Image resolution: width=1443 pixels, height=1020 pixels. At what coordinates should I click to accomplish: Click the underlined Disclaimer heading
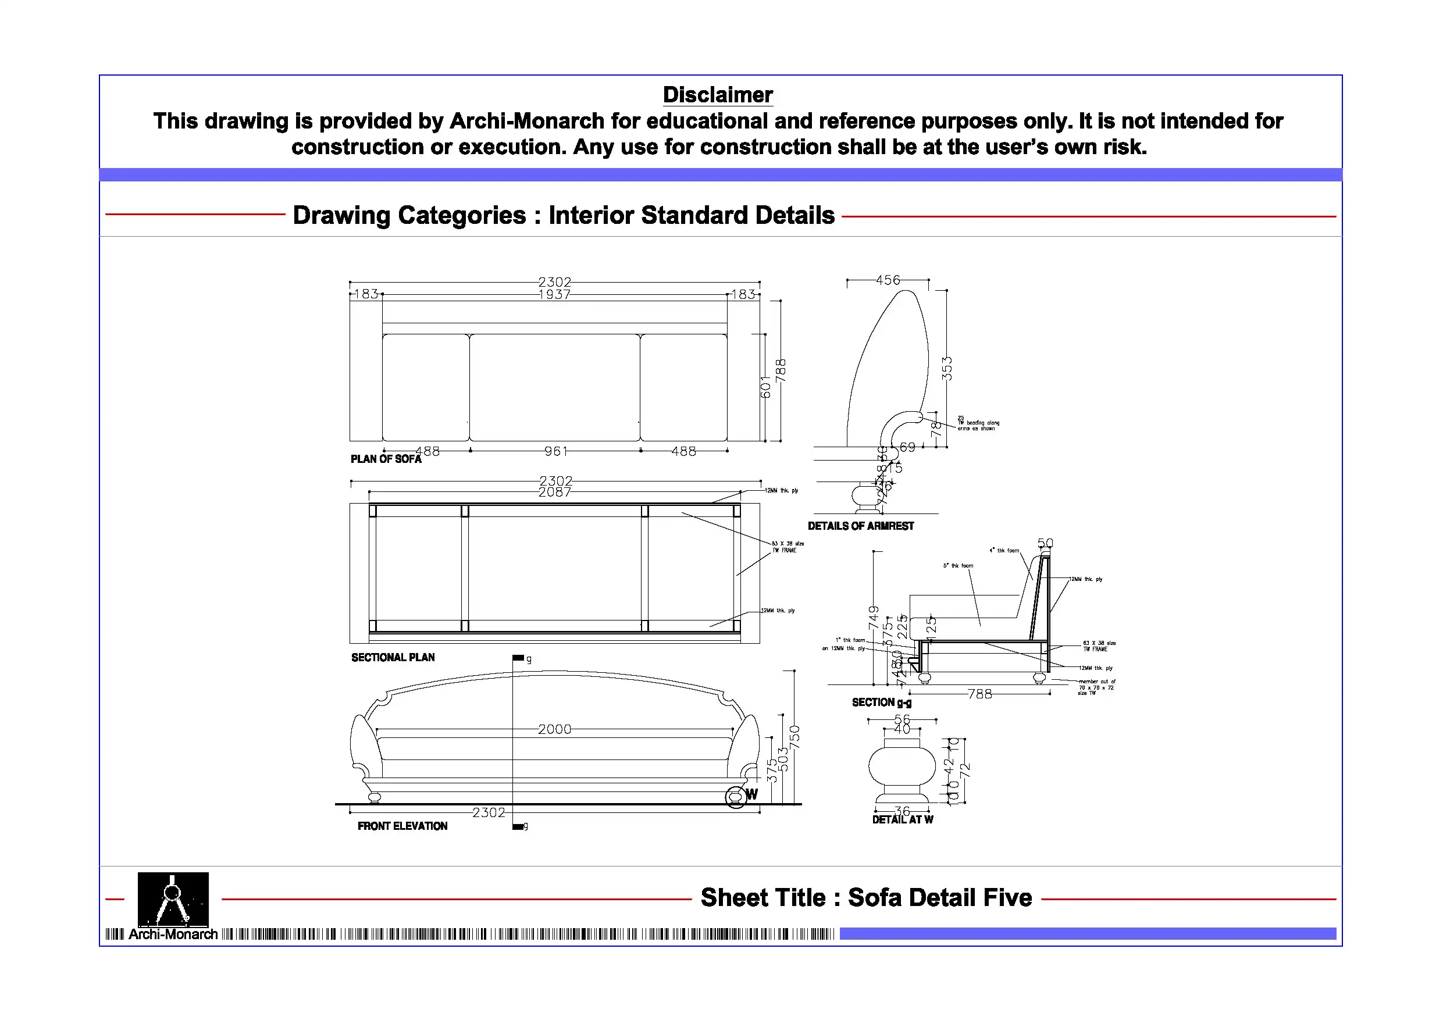717,95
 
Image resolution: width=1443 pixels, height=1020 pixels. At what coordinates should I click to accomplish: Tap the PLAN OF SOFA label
385,459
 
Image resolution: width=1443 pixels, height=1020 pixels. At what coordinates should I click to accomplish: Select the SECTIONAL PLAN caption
393,657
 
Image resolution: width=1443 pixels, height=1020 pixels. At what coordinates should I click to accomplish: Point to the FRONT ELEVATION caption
402,826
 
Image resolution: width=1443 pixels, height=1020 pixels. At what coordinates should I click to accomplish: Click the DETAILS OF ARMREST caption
860,526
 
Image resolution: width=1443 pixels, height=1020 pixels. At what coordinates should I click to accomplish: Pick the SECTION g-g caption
881,702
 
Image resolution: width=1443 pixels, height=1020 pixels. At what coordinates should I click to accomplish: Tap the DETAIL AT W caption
902,819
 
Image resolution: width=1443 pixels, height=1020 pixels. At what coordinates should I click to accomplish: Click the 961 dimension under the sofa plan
555,451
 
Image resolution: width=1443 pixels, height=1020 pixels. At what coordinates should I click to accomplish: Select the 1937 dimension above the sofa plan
554,295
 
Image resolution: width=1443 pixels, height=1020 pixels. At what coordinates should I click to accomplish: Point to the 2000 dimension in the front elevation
554,729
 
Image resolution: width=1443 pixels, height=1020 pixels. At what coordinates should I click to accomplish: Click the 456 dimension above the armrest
888,280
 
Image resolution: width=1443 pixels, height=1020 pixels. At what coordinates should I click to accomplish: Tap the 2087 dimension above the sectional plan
554,493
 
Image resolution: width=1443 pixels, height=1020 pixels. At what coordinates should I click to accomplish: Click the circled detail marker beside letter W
735,797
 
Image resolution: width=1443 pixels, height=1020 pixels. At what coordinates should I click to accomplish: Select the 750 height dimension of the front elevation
794,737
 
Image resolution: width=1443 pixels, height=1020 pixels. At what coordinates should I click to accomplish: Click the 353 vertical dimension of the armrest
946,368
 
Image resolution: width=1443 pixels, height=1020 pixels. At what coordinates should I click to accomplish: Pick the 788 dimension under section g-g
980,694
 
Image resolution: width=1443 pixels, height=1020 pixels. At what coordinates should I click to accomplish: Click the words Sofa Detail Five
939,897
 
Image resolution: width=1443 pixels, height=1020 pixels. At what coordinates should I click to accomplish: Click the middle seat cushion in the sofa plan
554,387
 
